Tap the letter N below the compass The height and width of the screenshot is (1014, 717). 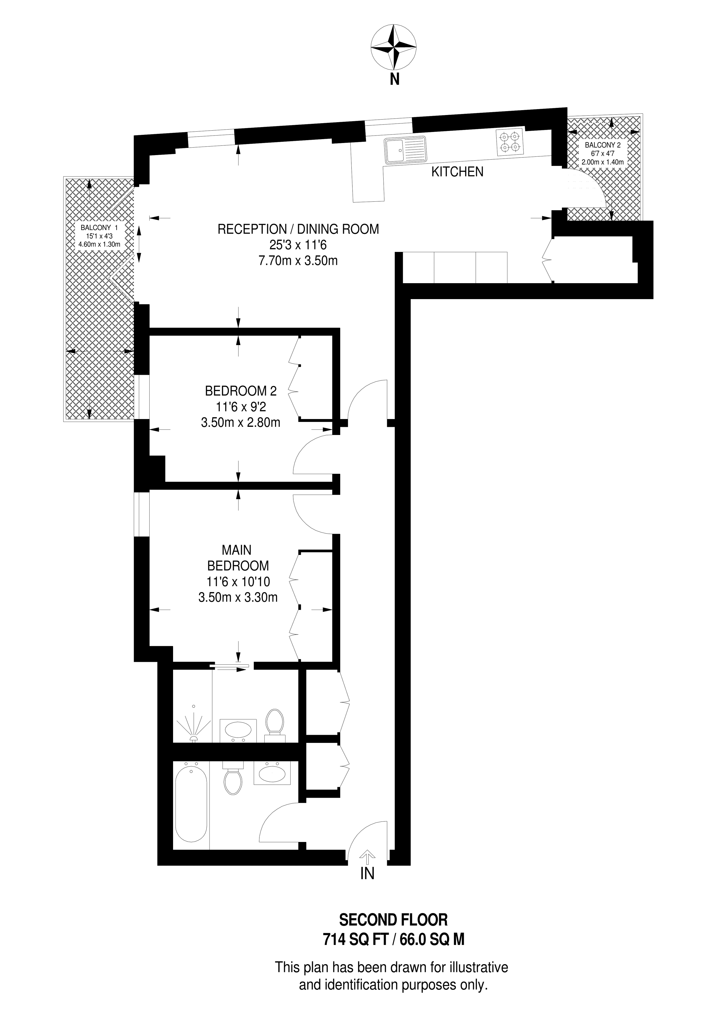394,80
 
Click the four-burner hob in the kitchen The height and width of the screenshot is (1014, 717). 510,142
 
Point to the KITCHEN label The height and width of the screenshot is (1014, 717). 457,171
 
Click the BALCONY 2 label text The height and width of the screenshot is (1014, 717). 603,145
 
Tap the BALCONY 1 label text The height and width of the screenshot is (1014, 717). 99,227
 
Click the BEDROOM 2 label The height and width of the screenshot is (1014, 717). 241,391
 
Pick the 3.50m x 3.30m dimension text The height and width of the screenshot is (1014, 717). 238,598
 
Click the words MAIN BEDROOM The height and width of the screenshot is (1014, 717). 238,558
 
